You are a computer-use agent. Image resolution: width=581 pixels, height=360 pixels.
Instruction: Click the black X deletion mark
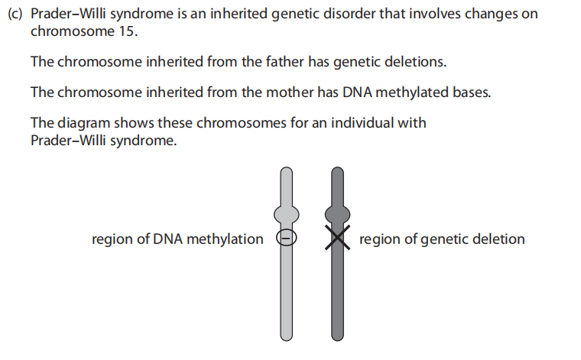(x=338, y=238)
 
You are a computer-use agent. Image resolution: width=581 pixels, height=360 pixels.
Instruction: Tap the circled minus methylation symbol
(x=287, y=238)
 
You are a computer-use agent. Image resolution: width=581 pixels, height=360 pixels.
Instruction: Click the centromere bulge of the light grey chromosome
(x=287, y=214)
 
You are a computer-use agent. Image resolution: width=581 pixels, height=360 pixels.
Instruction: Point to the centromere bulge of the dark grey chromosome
(x=338, y=214)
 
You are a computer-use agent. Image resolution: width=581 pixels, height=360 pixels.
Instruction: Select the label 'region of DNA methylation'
(x=177, y=239)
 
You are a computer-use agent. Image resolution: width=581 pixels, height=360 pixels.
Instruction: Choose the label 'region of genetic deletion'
(x=442, y=239)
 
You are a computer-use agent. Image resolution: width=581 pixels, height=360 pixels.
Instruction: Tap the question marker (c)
(x=15, y=14)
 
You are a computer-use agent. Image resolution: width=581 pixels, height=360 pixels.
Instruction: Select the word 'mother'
(x=290, y=92)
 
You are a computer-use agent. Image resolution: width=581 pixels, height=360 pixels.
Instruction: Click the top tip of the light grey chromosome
(x=287, y=167)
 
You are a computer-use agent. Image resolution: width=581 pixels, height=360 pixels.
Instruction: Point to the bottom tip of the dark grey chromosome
(x=338, y=341)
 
